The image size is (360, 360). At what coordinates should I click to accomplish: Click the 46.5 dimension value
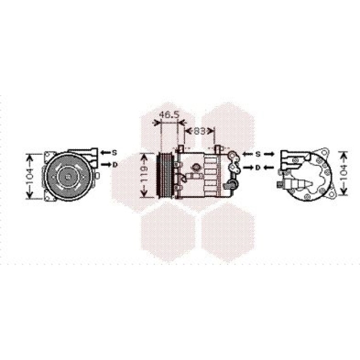click(x=169, y=115)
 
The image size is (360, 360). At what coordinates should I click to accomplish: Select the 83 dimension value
click(x=200, y=131)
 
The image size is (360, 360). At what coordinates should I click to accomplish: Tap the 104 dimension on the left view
click(x=30, y=176)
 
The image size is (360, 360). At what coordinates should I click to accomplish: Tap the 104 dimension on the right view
click(x=344, y=173)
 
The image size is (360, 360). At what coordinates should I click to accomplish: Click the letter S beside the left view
click(x=114, y=153)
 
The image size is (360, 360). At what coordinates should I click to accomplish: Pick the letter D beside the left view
click(x=115, y=165)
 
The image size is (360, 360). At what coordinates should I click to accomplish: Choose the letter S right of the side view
click(x=258, y=154)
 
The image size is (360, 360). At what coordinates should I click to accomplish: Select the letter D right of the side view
click(x=258, y=168)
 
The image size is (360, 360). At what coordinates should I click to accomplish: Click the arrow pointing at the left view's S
click(x=105, y=152)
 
